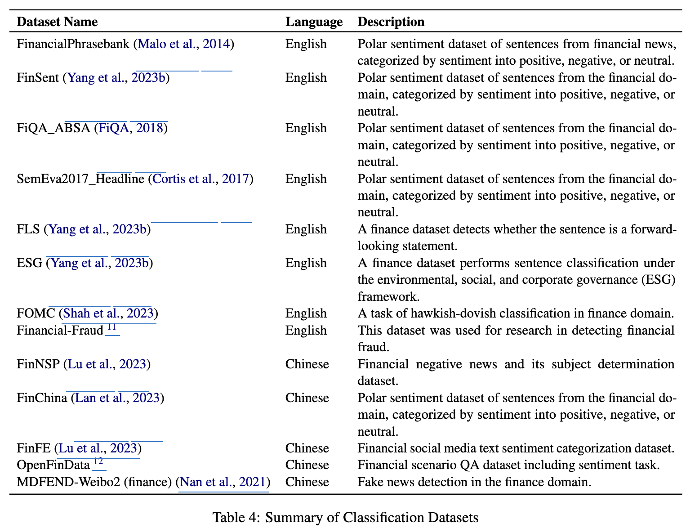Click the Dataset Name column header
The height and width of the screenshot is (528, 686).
[57, 22]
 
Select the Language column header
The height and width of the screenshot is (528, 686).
[314, 22]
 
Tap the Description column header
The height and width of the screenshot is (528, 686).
[391, 22]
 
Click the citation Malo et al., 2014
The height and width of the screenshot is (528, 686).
[184, 44]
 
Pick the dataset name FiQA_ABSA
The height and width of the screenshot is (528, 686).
[53, 128]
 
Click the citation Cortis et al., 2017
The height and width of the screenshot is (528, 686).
[200, 179]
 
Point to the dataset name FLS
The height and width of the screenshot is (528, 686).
[28, 229]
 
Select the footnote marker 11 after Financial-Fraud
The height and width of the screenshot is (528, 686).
[111, 327]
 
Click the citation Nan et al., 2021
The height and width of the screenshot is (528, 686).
[223, 482]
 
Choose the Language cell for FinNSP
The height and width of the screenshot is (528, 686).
[307, 364]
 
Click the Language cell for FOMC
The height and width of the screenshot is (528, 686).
[306, 313]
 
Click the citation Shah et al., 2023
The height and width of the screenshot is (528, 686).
[108, 313]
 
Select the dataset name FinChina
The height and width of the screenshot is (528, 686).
[41, 398]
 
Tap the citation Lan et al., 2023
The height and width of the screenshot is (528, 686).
[117, 398]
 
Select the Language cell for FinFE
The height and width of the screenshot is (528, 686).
[307, 448]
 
